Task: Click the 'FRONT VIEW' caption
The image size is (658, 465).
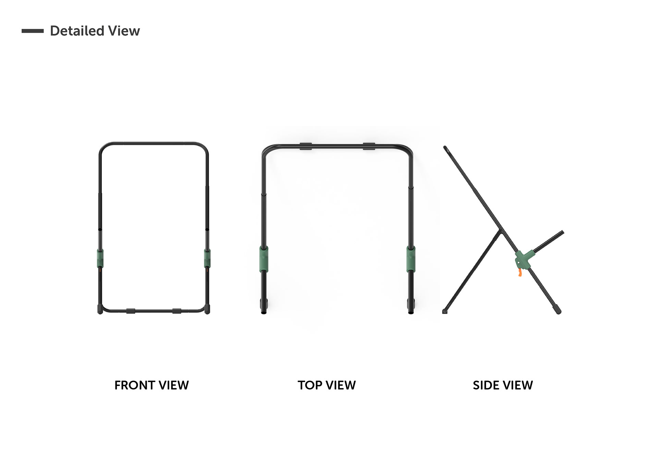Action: [x=151, y=385]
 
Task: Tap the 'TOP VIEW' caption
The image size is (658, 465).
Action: [x=327, y=385]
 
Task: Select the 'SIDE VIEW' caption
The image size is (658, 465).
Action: [x=503, y=385]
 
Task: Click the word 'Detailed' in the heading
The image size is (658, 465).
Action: [x=77, y=31]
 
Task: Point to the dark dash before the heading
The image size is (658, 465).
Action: [x=33, y=31]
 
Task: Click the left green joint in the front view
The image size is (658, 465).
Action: [x=100, y=258]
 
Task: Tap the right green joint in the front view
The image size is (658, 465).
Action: [x=207, y=258]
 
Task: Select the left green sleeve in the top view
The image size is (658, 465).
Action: [x=264, y=259]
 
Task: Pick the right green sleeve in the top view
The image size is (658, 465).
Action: [x=411, y=259]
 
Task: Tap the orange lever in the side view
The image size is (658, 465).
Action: [x=520, y=272]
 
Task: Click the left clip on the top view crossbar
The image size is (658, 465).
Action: [x=306, y=146]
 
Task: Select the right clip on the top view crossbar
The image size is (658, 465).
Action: [x=369, y=146]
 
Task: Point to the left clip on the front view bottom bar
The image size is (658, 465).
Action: [x=131, y=311]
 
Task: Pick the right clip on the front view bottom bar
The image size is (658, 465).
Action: [x=176, y=311]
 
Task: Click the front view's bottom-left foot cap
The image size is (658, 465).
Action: [x=100, y=309]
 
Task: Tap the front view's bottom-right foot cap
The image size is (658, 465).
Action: [x=207, y=309]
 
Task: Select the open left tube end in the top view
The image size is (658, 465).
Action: [x=264, y=312]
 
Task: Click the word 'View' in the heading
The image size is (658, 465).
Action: [x=124, y=31]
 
